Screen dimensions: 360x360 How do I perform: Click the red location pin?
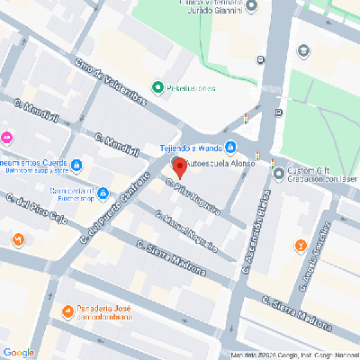tap(178, 166)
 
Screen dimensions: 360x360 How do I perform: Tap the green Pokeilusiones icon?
tap(157, 87)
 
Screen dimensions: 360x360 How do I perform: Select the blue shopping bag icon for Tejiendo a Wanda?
tap(231, 147)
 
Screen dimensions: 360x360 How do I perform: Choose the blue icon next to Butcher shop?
tap(104, 192)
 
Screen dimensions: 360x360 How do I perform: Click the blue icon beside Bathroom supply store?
tap(76, 165)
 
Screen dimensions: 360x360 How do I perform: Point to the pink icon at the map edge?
tap(6, 138)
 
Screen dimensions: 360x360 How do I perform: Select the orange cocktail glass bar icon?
tap(301, 244)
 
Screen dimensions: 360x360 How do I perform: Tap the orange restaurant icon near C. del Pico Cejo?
tap(18, 238)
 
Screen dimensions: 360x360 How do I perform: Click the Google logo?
tap(19, 351)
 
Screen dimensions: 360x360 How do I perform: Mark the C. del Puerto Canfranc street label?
tap(113, 210)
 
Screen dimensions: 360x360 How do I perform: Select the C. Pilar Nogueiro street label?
tap(193, 195)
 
